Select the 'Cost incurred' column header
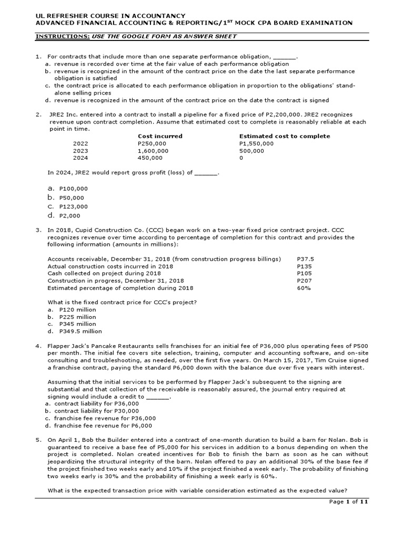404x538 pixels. tap(160, 136)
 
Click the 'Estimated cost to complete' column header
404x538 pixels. tap(285, 136)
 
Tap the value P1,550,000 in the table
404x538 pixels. tap(256, 143)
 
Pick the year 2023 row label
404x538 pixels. tap(80, 150)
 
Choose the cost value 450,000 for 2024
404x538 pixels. tap(150, 158)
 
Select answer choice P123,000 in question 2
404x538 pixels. tap(74, 206)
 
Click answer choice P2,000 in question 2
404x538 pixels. tap(70, 215)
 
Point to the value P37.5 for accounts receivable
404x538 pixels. tap(305, 259)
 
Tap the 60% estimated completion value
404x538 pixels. tap(304, 288)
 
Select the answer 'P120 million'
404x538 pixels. tap(77, 310)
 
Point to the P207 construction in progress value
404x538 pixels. tap(304, 281)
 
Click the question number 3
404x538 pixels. tap(38, 230)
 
